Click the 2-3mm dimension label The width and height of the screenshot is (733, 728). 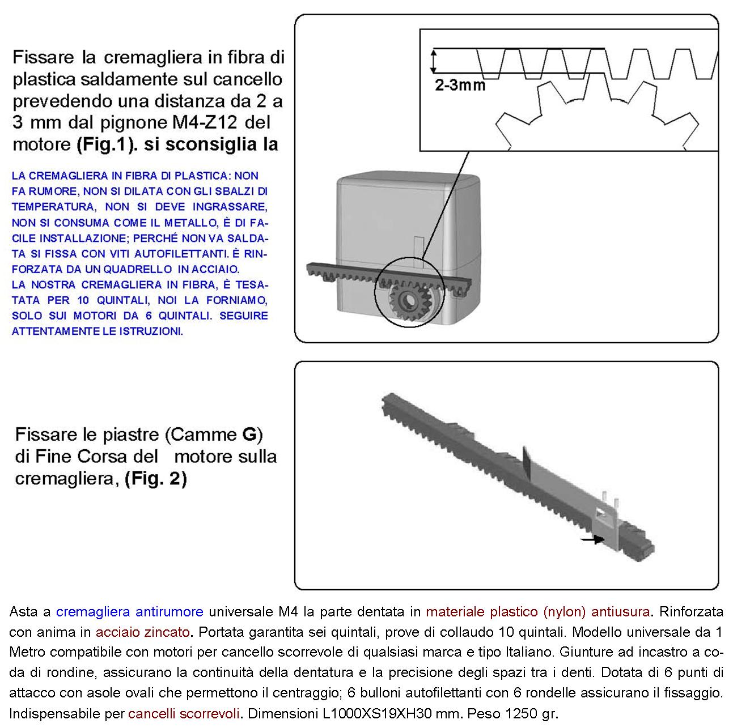coord(460,86)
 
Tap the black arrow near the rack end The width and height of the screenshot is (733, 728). coord(592,540)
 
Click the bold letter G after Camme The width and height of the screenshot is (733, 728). coord(249,435)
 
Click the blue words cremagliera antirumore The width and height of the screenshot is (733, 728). coord(129,612)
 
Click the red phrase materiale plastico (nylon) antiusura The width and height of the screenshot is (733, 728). coord(537,612)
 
